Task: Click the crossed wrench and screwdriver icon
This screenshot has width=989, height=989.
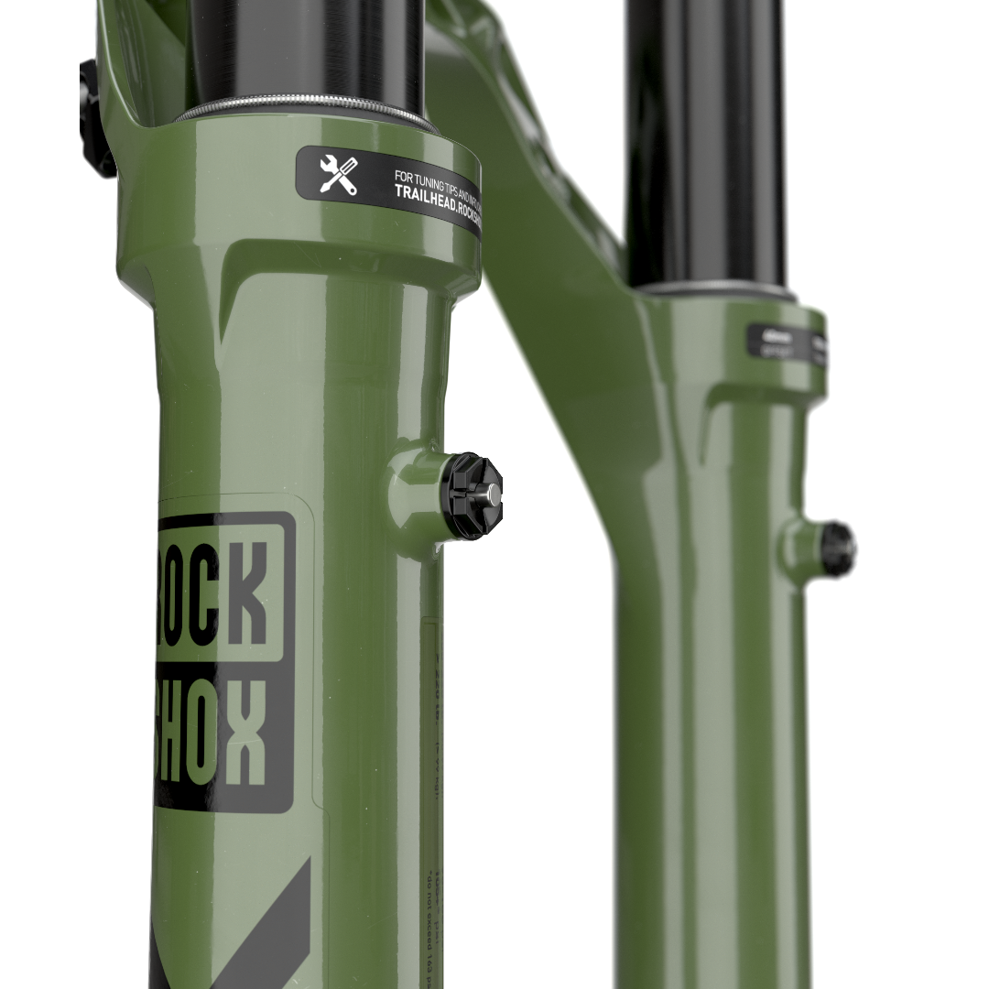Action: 338,174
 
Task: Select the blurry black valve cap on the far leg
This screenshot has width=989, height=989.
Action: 837,548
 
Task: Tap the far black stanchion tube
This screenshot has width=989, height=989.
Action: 705,137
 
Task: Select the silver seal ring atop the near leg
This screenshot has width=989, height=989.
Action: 302,111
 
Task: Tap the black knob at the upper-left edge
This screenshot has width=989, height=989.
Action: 94,119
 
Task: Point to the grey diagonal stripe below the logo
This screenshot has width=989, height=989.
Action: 266,925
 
